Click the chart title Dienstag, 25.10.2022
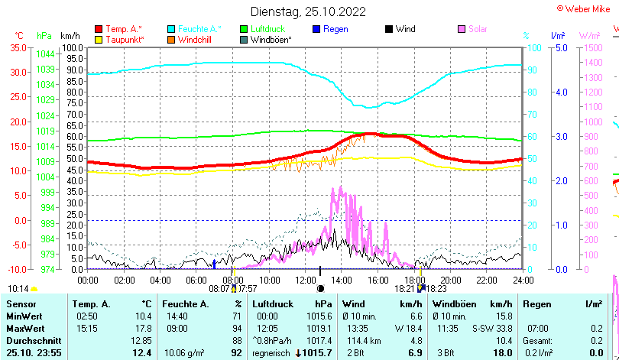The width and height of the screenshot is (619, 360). coord(308,11)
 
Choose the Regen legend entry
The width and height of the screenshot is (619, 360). coord(335,29)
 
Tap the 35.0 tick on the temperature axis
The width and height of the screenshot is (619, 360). coord(18,47)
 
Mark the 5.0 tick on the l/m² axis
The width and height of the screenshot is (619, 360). coord(559,47)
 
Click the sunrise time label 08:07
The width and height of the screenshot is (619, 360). coord(219,289)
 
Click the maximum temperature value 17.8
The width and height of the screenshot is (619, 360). coord(144,328)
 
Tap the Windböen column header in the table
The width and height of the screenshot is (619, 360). coord(450,304)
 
